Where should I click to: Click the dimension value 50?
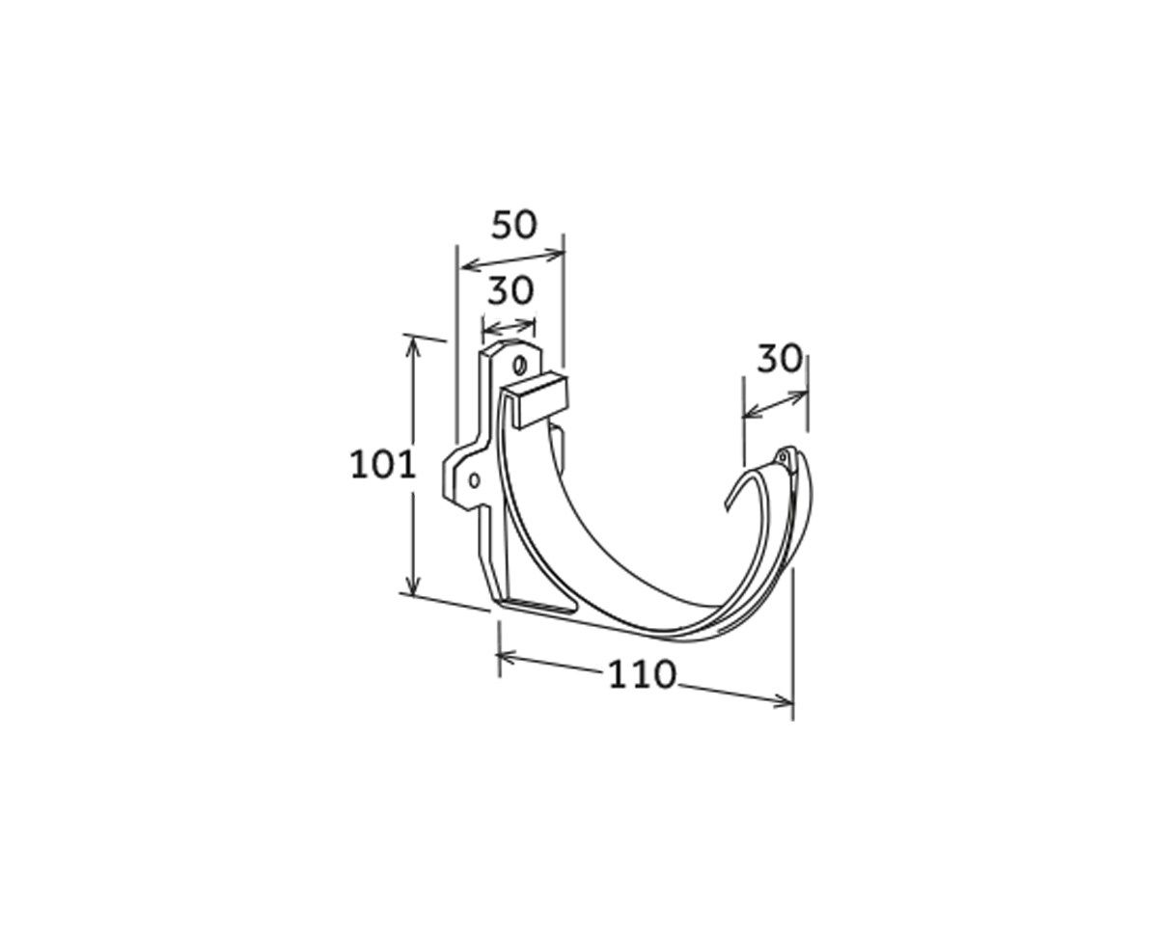(x=514, y=225)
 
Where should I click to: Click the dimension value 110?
(x=642, y=675)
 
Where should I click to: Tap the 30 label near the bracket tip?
(x=780, y=359)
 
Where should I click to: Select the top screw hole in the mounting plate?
(x=519, y=366)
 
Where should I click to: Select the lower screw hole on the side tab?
(x=474, y=480)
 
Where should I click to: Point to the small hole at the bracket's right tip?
(x=783, y=458)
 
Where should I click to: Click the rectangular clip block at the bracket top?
(x=535, y=401)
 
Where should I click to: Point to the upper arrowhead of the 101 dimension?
(x=413, y=345)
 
